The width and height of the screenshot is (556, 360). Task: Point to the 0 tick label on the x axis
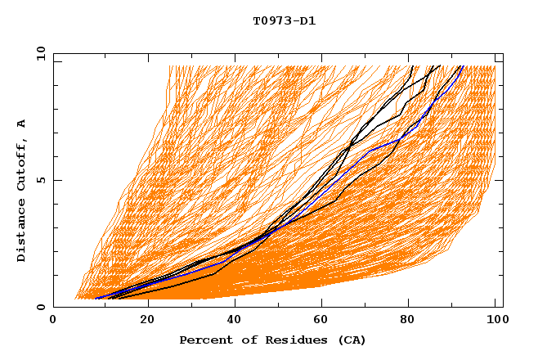tap(53, 320)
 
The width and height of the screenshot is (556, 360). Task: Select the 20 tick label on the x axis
tap(147, 320)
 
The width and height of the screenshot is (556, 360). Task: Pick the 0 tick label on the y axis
tap(40, 307)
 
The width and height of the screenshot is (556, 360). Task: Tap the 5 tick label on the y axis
tap(40, 180)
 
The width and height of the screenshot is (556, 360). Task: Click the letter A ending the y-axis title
tap(22, 124)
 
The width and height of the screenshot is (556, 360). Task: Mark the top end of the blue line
tap(462, 66)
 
